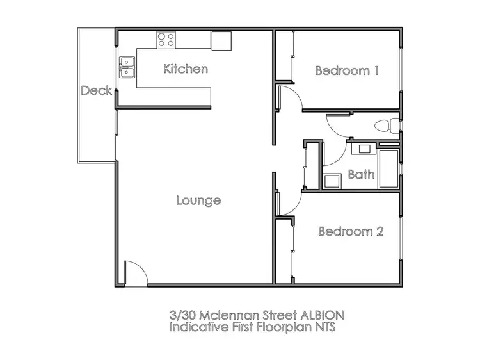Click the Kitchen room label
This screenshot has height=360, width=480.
pyautogui.click(x=186, y=69)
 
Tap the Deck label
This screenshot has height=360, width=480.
pyautogui.click(x=96, y=91)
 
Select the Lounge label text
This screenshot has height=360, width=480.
pyautogui.click(x=198, y=200)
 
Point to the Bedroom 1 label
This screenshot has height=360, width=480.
pyautogui.click(x=347, y=70)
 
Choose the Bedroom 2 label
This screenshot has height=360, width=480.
pyautogui.click(x=351, y=231)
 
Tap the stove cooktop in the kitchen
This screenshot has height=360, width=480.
pyautogui.click(x=166, y=40)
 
